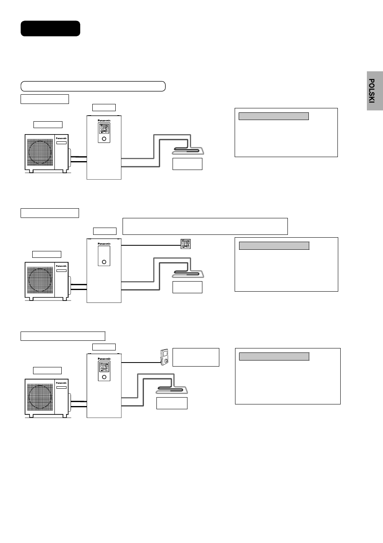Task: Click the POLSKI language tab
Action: pos(375,91)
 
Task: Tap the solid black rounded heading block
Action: pos(50,29)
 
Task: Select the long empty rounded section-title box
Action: pos(93,86)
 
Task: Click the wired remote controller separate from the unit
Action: pos(185,244)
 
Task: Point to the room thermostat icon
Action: pos(164,357)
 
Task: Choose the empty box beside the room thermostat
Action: pos(196,357)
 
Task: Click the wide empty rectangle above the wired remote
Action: pos(205,226)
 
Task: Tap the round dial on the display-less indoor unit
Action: pos(104,261)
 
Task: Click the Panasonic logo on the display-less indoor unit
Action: pos(104,244)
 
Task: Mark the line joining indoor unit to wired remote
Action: pos(151,245)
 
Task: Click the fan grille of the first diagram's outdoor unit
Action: pos(40,151)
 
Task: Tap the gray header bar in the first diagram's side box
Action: pos(274,116)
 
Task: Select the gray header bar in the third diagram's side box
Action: pos(274,356)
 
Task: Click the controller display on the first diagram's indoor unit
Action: pos(104,129)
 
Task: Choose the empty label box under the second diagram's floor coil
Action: pos(187,287)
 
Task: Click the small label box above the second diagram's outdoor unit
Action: pos(47,254)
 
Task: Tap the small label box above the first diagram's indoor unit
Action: pos(104,107)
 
